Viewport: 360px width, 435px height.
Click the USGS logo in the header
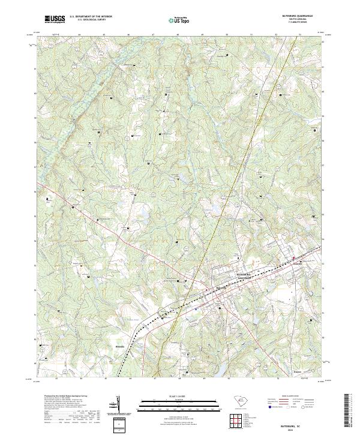(55, 19)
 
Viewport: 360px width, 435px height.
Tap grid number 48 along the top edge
(178, 35)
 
